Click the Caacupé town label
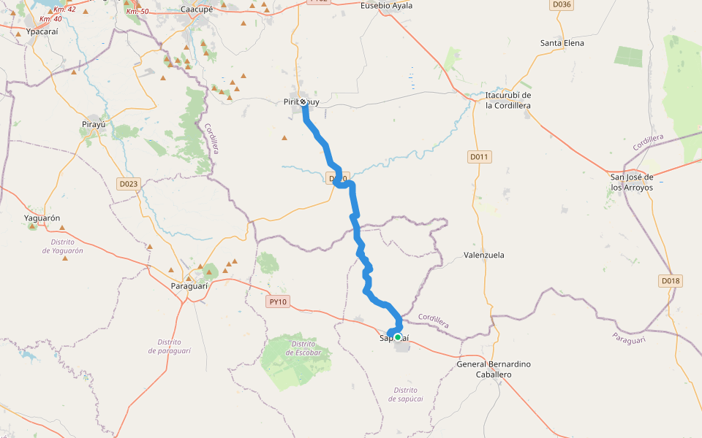(x=196, y=10)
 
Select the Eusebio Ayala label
(x=387, y=6)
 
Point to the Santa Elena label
(x=562, y=43)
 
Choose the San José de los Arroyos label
(x=632, y=182)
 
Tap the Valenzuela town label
(x=484, y=255)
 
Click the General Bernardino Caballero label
(x=494, y=369)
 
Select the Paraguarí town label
(x=189, y=286)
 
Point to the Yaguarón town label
(x=42, y=218)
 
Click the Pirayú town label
(x=94, y=125)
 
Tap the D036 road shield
(x=562, y=4)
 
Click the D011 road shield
(x=479, y=157)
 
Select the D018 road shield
(x=670, y=280)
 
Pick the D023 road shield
(x=128, y=184)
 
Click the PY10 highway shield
(x=279, y=301)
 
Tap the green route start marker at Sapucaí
(x=398, y=337)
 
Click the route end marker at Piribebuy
(x=303, y=102)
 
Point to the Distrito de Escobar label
(x=303, y=348)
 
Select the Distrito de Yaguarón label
(x=63, y=246)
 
